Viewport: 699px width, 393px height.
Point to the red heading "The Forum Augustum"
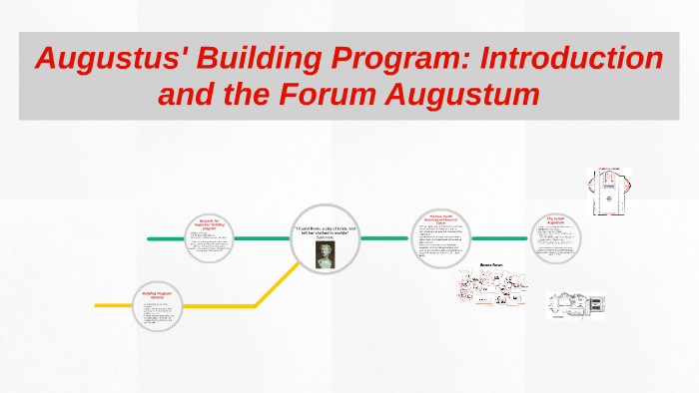(x=557, y=219)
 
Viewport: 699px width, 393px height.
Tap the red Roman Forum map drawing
(x=490, y=290)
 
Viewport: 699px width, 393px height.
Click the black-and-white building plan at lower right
(x=576, y=305)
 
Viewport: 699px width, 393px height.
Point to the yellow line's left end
(x=98, y=304)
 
